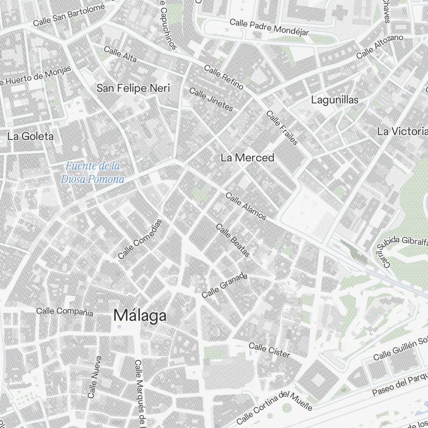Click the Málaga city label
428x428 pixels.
[x=140, y=316]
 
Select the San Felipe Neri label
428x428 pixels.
[x=133, y=89]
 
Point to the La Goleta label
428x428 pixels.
[x=31, y=137]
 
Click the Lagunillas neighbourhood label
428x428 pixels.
[x=335, y=100]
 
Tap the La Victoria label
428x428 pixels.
[x=402, y=131]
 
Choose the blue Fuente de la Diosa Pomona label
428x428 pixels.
[x=92, y=172]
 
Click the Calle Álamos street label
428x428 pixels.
[x=246, y=206]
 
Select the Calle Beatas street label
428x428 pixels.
[x=233, y=241]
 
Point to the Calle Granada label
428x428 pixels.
[x=225, y=285]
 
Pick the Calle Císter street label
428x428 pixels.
[x=269, y=350]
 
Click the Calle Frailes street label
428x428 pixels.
[x=282, y=128]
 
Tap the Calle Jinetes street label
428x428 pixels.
[x=211, y=99]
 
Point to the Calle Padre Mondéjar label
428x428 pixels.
[x=269, y=27]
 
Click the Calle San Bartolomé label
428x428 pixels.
[x=68, y=15]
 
